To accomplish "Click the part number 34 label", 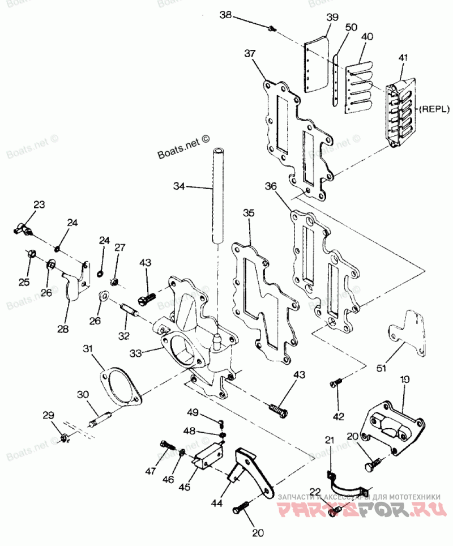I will click(x=179, y=185).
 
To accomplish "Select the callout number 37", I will click(x=250, y=53).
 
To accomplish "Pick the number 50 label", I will click(x=351, y=27).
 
